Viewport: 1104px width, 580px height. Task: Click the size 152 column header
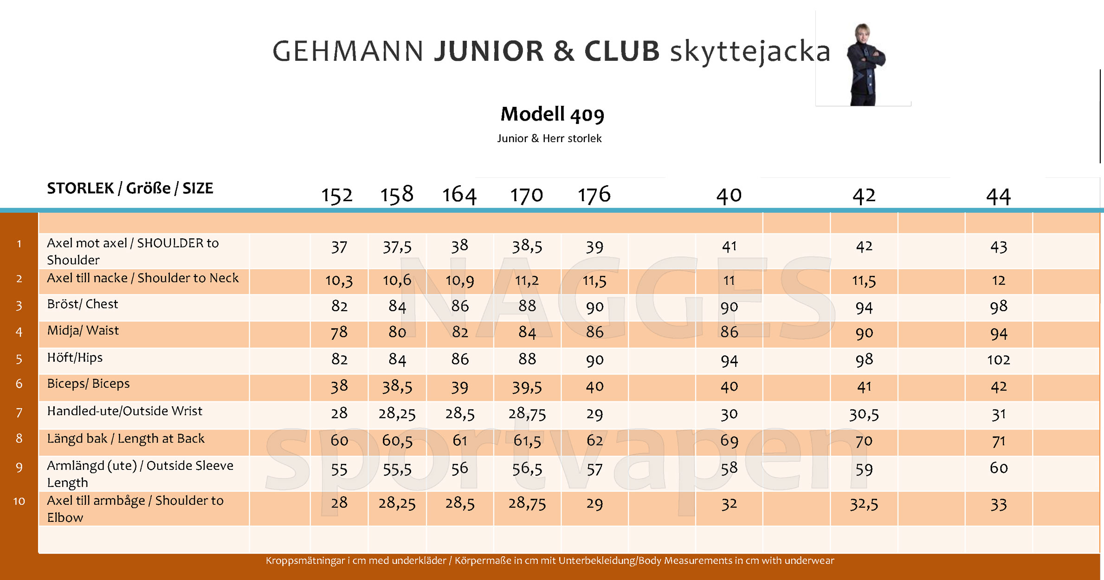pos(337,195)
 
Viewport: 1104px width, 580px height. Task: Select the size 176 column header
pos(594,195)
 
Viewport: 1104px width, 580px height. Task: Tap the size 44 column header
pos(998,196)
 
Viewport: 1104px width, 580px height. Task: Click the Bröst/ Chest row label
pos(83,304)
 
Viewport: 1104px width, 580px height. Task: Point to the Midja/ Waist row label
pos(83,331)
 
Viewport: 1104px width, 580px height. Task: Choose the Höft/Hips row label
pos(75,358)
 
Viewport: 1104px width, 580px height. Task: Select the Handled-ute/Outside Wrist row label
pos(124,411)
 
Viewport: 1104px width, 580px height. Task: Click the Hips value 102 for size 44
pos(998,360)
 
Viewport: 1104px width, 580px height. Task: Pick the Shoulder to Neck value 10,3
pos(339,280)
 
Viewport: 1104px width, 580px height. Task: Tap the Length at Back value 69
pos(729,441)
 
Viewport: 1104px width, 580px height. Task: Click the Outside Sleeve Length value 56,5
pos(527,469)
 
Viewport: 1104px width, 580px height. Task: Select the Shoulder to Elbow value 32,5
pos(864,504)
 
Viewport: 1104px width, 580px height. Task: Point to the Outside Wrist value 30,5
pos(864,414)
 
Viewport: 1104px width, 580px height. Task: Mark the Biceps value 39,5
pos(527,387)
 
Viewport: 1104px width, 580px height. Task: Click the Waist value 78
pos(339,332)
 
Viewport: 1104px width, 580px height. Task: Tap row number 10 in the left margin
pos(19,501)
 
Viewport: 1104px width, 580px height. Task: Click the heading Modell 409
pos(552,114)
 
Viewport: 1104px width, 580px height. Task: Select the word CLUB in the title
pos(622,51)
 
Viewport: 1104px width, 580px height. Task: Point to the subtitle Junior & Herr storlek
pos(549,138)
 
